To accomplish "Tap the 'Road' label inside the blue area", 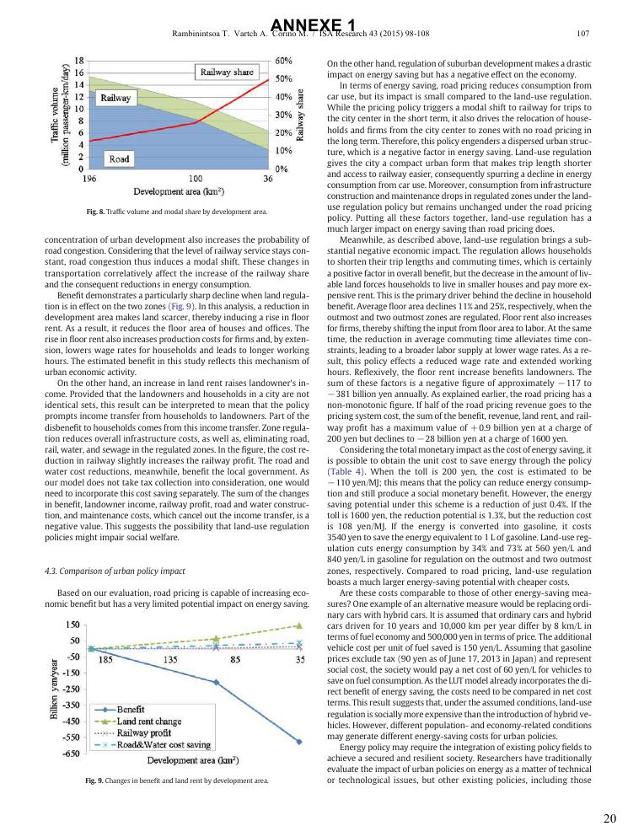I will coord(118,158).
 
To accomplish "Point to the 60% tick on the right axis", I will coord(284,61).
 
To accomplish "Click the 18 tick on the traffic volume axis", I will coord(78,61).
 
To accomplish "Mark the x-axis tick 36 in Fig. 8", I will coord(267,179).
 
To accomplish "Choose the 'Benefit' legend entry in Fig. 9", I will coord(129,710).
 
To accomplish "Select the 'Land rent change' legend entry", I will coord(148,722).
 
